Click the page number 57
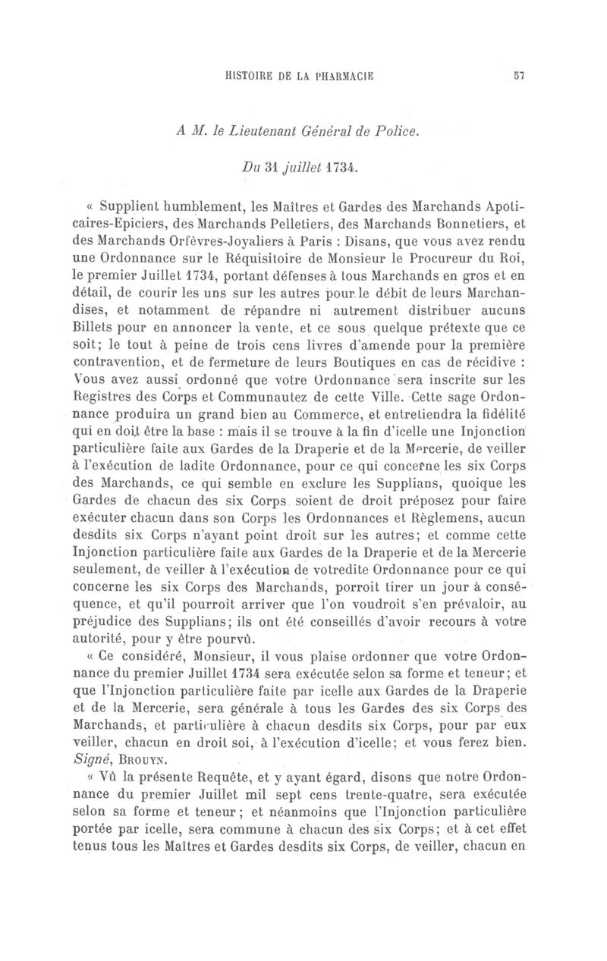[x=519, y=75]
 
